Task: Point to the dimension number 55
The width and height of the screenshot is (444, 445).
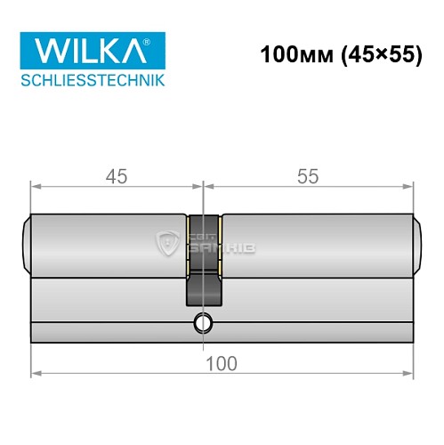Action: tap(310, 176)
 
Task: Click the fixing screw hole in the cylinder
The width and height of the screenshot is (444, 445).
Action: tap(204, 321)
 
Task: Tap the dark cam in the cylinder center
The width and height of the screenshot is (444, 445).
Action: tap(204, 287)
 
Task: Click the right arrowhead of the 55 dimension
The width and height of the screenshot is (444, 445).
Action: tap(410, 186)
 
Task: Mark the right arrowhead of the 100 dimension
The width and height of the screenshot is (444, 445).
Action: tap(410, 372)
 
